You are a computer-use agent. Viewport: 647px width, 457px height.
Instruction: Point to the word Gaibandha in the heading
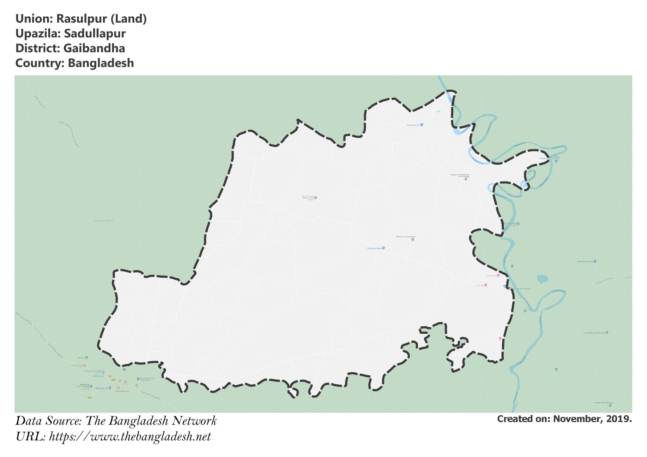[94, 48]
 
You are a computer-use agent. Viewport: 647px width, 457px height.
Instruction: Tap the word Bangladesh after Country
[101, 63]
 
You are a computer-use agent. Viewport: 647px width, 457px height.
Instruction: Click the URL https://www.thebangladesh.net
[130, 437]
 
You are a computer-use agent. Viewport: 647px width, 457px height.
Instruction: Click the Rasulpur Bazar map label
[414, 125]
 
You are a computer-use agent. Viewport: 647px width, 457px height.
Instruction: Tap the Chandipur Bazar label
[374, 248]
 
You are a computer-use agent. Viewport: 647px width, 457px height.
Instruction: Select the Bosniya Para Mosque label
[406, 237]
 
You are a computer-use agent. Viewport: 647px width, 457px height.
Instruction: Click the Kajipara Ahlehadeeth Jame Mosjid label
[460, 175]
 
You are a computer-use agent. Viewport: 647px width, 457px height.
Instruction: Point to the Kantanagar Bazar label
[585, 261]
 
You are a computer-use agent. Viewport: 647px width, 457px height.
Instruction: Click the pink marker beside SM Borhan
[498, 276]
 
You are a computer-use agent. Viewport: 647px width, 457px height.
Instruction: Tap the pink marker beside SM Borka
[486, 285]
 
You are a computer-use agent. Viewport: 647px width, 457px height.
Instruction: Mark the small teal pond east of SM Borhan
[542, 279]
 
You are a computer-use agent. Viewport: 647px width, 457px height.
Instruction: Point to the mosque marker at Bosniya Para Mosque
[413, 240]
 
